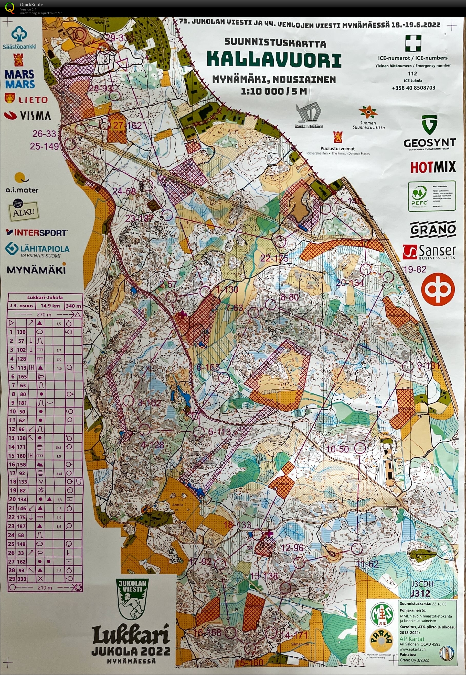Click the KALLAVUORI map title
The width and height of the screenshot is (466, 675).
coord(274,60)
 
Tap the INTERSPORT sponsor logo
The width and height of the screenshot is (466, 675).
coord(37,233)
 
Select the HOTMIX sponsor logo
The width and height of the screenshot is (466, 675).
coord(433,167)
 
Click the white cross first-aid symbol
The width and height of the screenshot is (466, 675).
coord(413,43)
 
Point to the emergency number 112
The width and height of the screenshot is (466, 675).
coord(412,73)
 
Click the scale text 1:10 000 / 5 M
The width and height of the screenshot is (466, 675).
coord(274,91)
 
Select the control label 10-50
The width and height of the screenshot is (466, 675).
coord(337,449)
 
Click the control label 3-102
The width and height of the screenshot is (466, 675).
coord(149,403)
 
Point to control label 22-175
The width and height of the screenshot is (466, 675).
coord(274,258)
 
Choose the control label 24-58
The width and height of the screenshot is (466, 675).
coord(124,191)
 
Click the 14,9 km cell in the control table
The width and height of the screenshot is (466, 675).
coord(50,306)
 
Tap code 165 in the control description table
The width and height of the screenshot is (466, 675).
coord(22,376)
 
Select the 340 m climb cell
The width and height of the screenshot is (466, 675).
coord(73,306)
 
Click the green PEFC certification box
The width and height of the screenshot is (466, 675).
coord(431,196)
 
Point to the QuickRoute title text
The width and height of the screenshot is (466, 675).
coord(31,4)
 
